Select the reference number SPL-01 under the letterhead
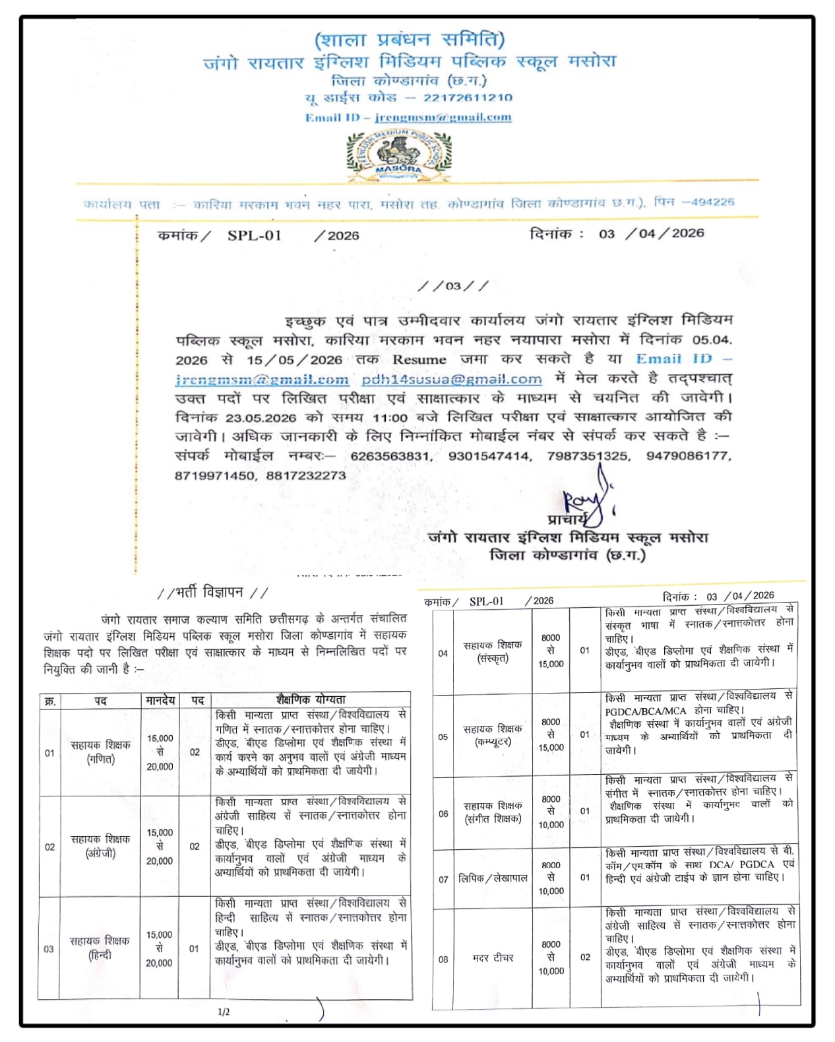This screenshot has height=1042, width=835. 255,236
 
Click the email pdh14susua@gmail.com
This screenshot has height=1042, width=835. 452,379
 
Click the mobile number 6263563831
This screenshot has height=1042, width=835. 390,456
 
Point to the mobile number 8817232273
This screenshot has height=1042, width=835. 306,475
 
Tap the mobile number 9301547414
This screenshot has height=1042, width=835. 489,456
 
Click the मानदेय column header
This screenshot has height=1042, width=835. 160,700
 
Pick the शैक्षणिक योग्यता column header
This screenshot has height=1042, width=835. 311,700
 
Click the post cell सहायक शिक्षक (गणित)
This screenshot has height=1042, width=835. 100,752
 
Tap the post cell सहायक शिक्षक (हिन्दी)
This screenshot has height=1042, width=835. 100,948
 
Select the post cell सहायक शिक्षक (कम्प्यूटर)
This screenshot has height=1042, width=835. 493,735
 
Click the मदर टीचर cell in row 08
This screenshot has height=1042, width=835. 493,958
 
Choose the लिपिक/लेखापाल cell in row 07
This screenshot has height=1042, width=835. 493,878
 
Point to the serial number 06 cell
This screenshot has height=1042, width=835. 443,814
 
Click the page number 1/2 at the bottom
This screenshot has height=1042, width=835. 224,1012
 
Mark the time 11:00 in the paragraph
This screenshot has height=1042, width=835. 390,418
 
